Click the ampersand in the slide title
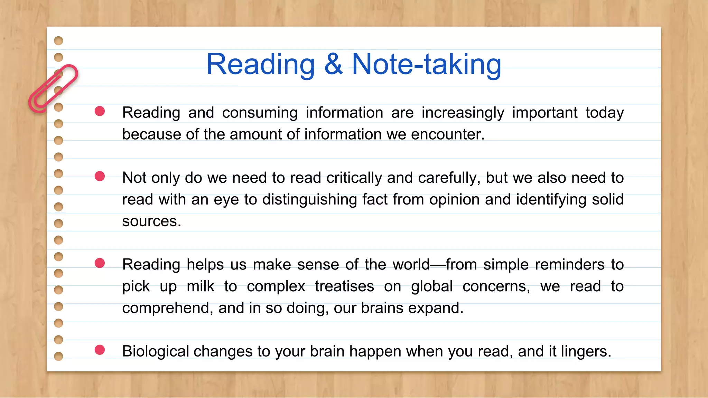(x=334, y=65)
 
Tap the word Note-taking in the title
(x=426, y=65)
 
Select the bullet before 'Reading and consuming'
(x=100, y=111)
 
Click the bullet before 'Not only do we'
(x=100, y=176)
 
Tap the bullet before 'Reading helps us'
(x=100, y=263)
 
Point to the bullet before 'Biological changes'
(x=100, y=350)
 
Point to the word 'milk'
(x=200, y=286)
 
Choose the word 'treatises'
(x=344, y=286)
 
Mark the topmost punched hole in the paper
(x=59, y=41)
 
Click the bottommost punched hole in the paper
(x=59, y=356)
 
